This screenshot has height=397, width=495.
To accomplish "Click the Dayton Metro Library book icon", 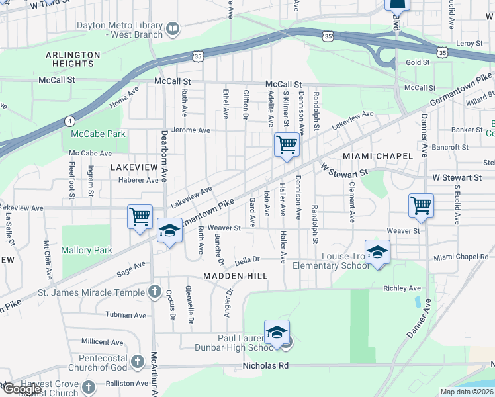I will pos(173,28).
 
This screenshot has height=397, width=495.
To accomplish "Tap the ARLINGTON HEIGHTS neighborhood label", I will pos(73,59).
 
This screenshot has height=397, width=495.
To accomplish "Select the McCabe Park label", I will pos(98,134).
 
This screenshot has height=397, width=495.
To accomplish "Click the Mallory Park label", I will pos(87,250).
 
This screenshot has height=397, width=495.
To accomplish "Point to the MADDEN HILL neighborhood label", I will pos(235,275).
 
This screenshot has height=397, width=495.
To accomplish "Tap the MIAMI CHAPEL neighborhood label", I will pos(378,155).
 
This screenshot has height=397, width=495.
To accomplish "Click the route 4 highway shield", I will pos(69,120).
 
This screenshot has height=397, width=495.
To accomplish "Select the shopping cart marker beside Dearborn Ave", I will pos(140,216).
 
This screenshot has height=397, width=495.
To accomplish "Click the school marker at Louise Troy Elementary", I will pos(377,252).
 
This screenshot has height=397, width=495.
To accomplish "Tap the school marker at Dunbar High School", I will pos(277,331).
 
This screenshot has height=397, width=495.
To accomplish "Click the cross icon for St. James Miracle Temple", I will pos(154,292).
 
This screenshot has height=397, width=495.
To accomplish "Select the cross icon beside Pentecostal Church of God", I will pos(137,361).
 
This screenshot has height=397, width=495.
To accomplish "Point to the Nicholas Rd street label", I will pos(266,365).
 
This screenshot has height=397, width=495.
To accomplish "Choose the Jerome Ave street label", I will pos(191,130).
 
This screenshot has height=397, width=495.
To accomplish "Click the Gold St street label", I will pos(418,62).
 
